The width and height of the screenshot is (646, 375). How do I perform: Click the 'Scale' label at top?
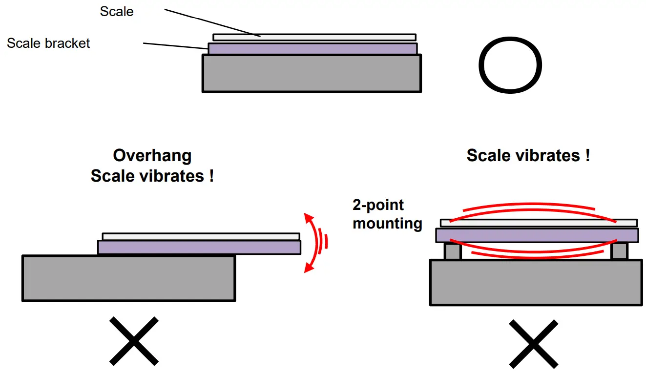pyautogui.click(x=116, y=12)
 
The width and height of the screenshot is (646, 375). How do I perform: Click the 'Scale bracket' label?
pyautogui.click(x=48, y=43)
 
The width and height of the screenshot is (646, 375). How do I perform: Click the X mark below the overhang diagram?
pyautogui.click(x=133, y=341)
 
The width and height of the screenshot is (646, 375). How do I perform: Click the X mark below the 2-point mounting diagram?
pyautogui.click(x=533, y=344)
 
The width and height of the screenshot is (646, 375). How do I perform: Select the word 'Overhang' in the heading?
pyautogui.click(x=152, y=156)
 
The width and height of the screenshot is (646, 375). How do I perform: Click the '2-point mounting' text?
pyautogui.click(x=387, y=214)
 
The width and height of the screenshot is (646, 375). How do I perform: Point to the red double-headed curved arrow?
pyautogui.click(x=311, y=242)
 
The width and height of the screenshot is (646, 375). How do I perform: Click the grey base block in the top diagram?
pyautogui.click(x=312, y=73)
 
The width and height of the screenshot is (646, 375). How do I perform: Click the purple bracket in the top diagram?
pyautogui.click(x=313, y=48)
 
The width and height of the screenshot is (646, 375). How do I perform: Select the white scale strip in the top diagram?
pyautogui.click(x=314, y=37)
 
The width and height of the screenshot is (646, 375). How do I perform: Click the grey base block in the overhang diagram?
pyautogui.click(x=128, y=278)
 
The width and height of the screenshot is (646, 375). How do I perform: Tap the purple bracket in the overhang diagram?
pyautogui.click(x=199, y=248)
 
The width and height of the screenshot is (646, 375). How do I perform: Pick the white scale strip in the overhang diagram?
pyautogui.click(x=201, y=236)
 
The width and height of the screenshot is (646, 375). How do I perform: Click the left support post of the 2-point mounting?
pyautogui.click(x=452, y=251)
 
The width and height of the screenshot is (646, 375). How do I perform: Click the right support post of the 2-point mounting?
pyautogui.click(x=619, y=251)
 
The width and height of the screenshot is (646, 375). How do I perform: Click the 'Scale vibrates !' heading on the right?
pyautogui.click(x=528, y=156)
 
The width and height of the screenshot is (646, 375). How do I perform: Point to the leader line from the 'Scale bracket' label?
pyautogui.click(x=176, y=46)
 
